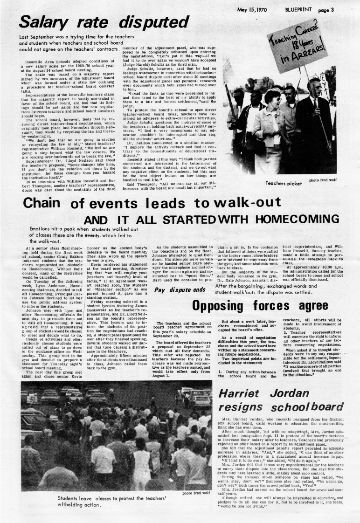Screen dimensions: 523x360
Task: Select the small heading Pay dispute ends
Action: tap(180, 277)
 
